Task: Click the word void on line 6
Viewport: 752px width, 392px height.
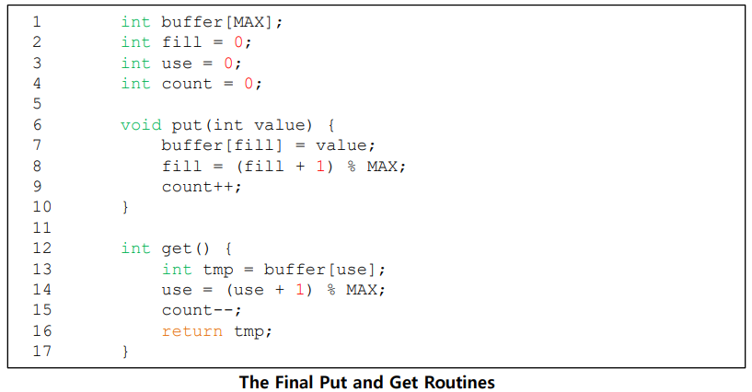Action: (x=141, y=125)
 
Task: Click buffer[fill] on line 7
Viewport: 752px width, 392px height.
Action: (x=222, y=145)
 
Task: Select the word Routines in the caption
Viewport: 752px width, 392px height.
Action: (x=464, y=381)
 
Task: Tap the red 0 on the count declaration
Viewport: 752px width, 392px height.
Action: (x=248, y=84)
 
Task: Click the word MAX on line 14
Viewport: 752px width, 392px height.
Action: (x=365, y=290)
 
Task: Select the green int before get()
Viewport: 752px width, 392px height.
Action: (x=135, y=248)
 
